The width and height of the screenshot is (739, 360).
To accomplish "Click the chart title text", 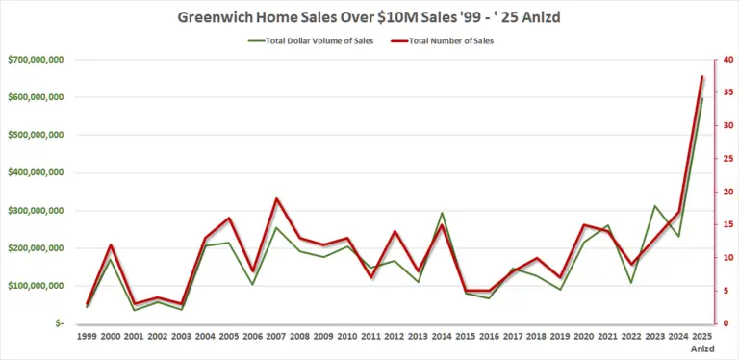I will coord(369,17).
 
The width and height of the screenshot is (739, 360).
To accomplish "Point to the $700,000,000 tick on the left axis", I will coord(35,60).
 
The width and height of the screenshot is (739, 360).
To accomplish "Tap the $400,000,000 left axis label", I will coord(35,173).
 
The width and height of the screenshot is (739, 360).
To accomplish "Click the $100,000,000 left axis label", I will coord(35,286).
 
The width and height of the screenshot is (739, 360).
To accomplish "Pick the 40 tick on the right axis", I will coord(728,60).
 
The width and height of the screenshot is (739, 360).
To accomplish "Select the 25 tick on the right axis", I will coord(728,159).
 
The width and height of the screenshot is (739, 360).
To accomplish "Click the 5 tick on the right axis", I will coord(727,291).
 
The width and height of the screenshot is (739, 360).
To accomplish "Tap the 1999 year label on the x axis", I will coord(88,338).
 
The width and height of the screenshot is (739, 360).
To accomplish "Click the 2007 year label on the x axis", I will coord(276,338).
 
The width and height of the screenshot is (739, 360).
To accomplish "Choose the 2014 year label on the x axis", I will coord(442,338).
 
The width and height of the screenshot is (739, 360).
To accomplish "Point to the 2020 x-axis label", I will coord(583,338).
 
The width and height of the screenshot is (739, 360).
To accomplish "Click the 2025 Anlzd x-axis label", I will coord(702,343).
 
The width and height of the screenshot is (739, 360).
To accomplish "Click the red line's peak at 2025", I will coord(702,76).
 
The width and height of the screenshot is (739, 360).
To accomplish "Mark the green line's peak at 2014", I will coord(442,213).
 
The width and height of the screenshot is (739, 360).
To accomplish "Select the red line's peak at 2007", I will coord(276,198).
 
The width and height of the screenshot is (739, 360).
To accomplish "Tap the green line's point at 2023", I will coord(654,206).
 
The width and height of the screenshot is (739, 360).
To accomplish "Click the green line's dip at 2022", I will coord(631,282).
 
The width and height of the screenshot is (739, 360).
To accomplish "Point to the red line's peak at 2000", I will coord(111,245).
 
